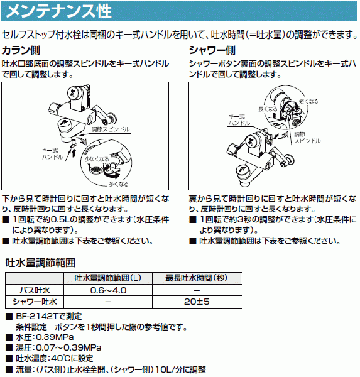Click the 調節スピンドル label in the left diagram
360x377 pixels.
click(x=111, y=129)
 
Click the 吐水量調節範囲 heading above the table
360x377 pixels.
click(x=40, y=262)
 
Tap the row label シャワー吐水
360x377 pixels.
click(x=36, y=302)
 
